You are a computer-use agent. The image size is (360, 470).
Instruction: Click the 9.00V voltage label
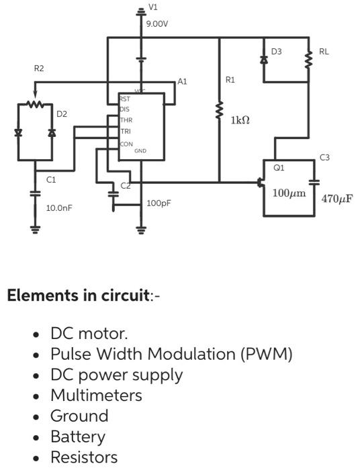(157, 23)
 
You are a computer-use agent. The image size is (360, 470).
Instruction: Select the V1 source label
(153, 7)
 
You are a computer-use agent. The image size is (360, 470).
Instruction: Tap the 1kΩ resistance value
(240, 120)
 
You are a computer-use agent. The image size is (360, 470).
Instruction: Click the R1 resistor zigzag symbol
(219, 111)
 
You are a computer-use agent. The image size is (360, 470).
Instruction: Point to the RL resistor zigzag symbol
(308, 60)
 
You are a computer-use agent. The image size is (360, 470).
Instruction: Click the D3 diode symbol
(263, 60)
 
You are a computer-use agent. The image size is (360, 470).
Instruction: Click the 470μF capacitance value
(338, 199)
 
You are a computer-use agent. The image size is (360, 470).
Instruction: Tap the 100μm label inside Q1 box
(289, 193)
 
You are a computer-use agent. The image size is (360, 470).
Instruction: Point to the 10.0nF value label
(58, 208)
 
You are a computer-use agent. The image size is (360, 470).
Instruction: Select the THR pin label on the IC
(126, 120)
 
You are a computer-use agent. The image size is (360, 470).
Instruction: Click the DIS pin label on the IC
(125, 109)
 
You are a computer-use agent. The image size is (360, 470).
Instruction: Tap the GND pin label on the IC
(140, 151)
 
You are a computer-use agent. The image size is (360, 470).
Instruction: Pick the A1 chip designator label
(182, 81)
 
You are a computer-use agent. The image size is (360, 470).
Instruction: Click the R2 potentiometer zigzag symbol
(35, 104)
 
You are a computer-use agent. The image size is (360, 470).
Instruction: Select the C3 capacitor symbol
(314, 181)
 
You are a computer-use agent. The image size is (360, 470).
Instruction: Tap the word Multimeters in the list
(96, 395)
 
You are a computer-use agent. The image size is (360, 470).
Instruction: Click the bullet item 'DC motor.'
(89, 334)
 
